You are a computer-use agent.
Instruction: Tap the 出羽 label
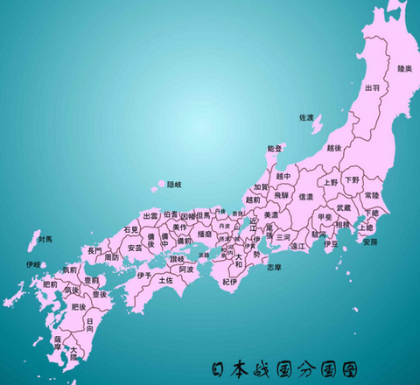click(372, 87)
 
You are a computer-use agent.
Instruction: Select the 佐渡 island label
click(305, 117)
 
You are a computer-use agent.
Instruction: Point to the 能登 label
click(275, 149)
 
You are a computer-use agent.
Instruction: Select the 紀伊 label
click(229, 282)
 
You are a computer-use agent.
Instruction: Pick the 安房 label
click(370, 241)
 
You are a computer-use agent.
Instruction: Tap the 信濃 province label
click(305, 198)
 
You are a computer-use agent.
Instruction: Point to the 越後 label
click(333, 148)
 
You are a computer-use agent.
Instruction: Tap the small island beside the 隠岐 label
click(159, 185)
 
